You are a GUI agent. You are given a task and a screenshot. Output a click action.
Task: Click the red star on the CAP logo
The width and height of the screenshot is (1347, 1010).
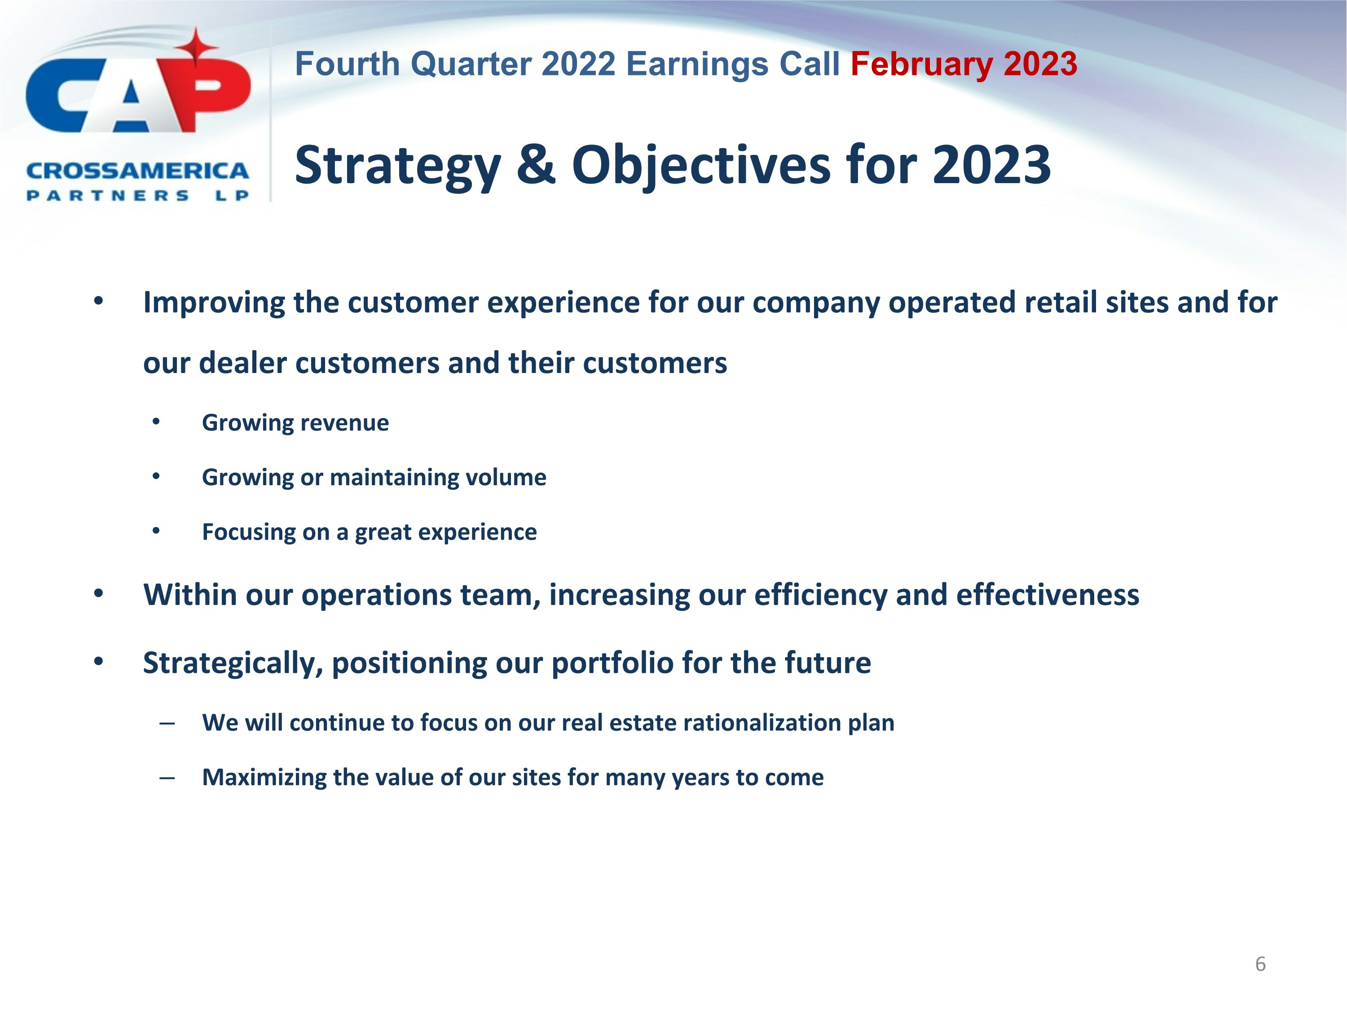(x=196, y=48)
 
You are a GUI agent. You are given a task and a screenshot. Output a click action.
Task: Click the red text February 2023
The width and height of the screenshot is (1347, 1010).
(x=964, y=65)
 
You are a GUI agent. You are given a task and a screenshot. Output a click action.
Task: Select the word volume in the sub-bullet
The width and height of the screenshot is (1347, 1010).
(x=506, y=477)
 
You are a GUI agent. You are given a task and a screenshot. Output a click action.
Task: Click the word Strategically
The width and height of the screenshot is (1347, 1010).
(x=233, y=663)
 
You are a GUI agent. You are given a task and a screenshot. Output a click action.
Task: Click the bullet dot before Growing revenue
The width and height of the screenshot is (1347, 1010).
(x=156, y=422)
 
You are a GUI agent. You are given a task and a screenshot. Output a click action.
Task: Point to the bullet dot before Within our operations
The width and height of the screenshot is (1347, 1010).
(x=98, y=593)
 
